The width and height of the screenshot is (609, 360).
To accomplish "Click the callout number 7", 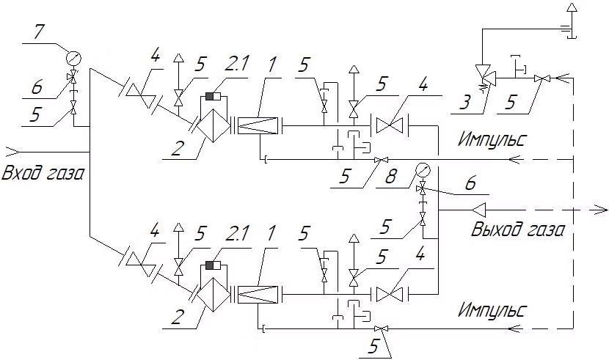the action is [x=38, y=32].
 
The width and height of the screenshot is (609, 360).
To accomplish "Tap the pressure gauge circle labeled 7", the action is [x=73, y=59].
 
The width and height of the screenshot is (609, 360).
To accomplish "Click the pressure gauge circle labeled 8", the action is [x=422, y=170].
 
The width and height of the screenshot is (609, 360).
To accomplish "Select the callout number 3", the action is [x=464, y=102].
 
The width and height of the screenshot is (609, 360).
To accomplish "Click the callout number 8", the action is [x=391, y=177].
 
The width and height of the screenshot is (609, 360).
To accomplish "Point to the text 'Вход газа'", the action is [x=43, y=173].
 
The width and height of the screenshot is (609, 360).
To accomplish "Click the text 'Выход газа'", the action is [x=518, y=229].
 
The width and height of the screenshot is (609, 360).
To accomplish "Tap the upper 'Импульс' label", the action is [x=492, y=139].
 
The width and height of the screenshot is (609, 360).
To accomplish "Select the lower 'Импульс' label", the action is [x=492, y=310].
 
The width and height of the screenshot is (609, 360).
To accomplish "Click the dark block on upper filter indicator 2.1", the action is [x=210, y=96].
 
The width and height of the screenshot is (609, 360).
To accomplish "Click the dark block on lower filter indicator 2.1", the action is [x=210, y=265].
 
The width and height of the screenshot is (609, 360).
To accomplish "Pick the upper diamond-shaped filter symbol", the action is [x=213, y=125].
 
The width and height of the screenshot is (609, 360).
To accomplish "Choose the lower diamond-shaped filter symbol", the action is [x=213, y=295].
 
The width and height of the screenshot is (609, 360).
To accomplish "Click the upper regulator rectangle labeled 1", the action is [x=258, y=125].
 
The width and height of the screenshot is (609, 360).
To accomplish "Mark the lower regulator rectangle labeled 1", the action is [x=258, y=295].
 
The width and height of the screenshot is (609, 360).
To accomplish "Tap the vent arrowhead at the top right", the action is [x=572, y=8].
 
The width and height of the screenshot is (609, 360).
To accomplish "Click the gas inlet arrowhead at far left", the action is [x=12, y=150].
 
